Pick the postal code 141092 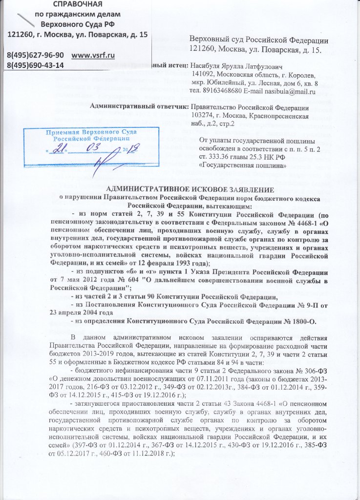[x=211, y=73]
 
